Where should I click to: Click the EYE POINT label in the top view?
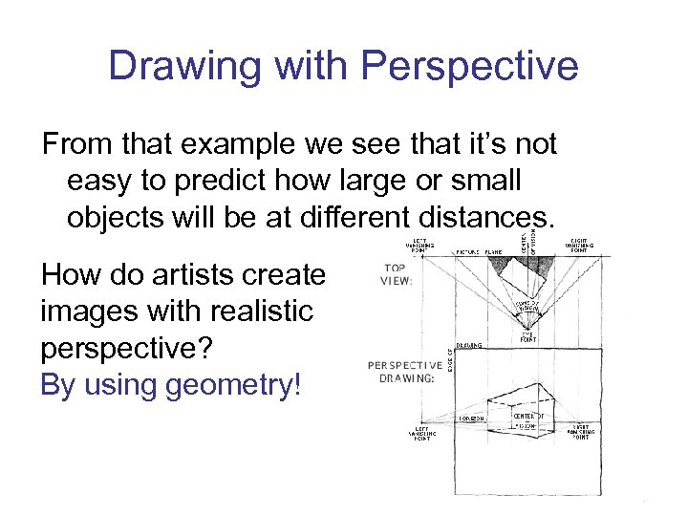(527, 335)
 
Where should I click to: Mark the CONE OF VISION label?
(528, 305)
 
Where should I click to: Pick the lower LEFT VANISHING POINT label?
(419, 435)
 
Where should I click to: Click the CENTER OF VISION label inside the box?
(528, 420)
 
